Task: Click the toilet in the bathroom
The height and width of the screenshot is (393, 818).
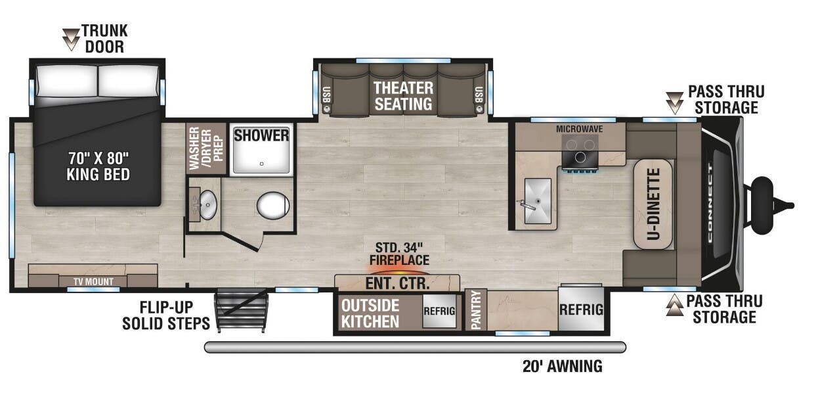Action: [273, 206]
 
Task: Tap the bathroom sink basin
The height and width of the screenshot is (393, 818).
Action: [207, 205]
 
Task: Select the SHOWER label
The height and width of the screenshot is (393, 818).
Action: [261, 135]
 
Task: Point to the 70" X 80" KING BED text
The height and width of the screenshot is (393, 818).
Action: [98, 166]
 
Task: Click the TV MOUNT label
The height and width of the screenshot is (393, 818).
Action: [93, 281]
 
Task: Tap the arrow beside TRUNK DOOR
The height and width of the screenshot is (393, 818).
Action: [70, 39]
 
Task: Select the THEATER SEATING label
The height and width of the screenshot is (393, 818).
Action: [403, 96]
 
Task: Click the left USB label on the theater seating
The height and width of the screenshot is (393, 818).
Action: [327, 96]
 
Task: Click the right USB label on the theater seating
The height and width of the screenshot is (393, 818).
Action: [479, 96]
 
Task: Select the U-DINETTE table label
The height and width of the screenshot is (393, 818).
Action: [653, 204]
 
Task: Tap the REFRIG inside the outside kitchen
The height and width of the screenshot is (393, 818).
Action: [439, 312]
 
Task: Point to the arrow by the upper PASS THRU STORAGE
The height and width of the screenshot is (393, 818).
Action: [674, 103]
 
